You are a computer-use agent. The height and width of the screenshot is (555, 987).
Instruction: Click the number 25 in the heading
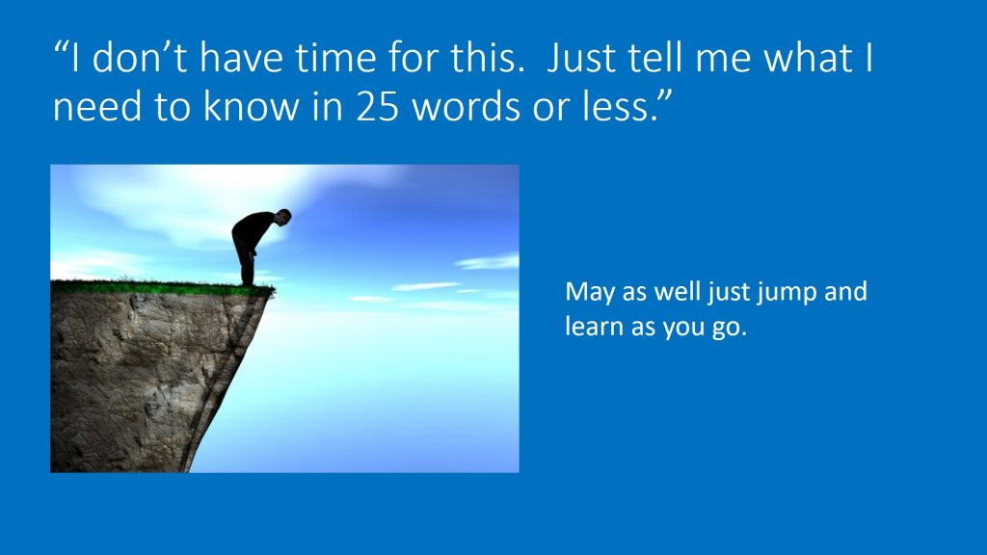(x=377, y=106)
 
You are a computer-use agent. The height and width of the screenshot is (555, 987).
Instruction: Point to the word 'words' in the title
(x=467, y=106)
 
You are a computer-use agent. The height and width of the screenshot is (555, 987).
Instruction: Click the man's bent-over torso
(x=253, y=229)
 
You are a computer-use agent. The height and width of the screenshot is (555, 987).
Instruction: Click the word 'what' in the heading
(x=808, y=57)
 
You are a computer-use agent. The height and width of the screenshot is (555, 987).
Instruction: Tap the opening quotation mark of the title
(x=60, y=48)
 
